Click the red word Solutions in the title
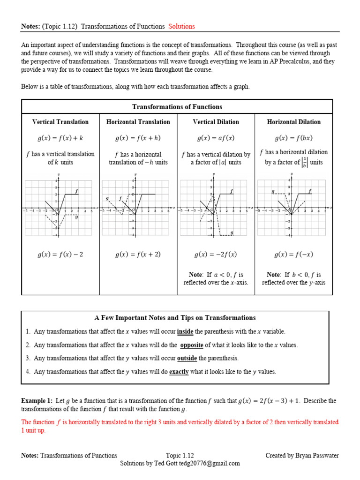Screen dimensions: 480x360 coord(181,26)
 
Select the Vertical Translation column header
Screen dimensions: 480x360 coord(60,122)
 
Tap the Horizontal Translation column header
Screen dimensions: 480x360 coord(138,122)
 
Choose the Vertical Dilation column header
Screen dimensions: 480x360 coord(216,122)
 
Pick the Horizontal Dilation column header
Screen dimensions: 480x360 coord(294,122)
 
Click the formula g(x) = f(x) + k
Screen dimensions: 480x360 coord(60,138)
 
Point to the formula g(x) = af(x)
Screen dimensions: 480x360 coord(216,138)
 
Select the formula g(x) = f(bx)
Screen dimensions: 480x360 coord(294,138)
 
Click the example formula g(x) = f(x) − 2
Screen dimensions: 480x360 coord(60,255)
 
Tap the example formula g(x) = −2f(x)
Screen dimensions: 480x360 coord(216,255)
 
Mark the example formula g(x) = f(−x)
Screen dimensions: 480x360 coord(294,255)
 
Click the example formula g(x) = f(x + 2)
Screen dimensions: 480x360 coord(138,255)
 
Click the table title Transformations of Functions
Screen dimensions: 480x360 coord(177,107)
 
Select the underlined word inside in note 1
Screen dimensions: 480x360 coord(185,331)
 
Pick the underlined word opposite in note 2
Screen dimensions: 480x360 coord(192,345)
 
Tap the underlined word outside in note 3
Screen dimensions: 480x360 coord(187,358)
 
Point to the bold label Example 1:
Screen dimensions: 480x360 coord(37,401)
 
